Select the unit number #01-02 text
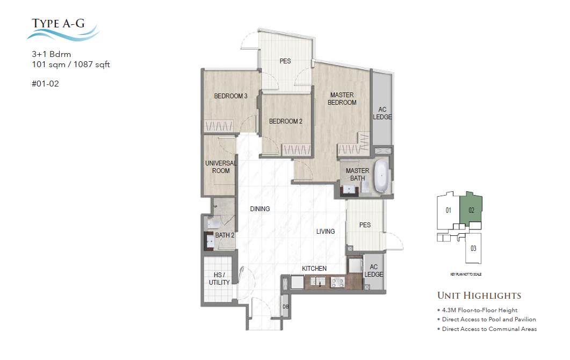[x=46, y=83]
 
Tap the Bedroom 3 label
[x=230, y=97]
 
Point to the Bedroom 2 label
[x=285, y=121]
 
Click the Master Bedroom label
[x=342, y=99]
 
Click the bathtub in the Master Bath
[x=381, y=176]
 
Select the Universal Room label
[x=218, y=167]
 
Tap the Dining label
[x=259, y=209]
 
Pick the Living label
[x=325, y=232]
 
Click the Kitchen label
[x=314, y=269]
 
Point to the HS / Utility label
[x=219, y=279]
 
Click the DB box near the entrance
[x=285, y=307]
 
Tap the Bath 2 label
[x=225, y=235]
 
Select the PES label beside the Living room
[x=365, y=225]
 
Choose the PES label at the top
[x=285, y=61]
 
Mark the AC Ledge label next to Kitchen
[x=374, y=271]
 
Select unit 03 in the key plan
[x=473, y=248]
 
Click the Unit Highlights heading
[x=479, y=296]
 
